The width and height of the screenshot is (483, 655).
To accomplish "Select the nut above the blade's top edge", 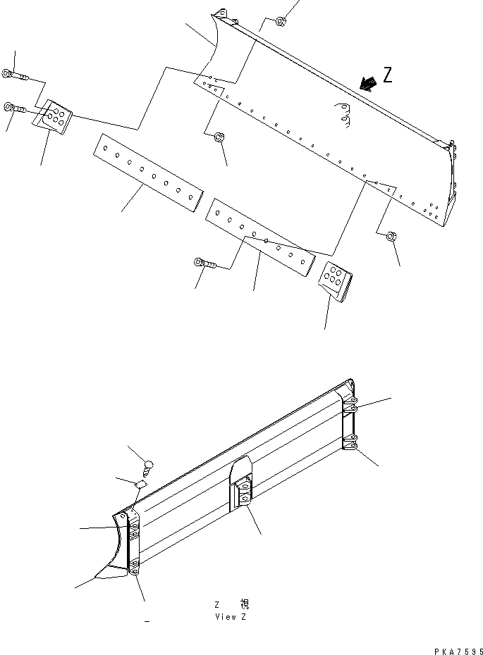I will [280, 20].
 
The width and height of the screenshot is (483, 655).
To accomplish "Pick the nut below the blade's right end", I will [391, 238].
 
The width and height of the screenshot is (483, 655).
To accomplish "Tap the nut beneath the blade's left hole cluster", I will [219, 137].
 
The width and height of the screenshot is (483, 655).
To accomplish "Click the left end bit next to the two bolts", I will [54, 116].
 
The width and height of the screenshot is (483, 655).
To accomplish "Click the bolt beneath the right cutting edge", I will [204, 263].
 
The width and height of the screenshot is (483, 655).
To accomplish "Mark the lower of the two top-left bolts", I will [15, 108].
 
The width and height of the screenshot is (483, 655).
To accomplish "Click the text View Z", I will [231, 617].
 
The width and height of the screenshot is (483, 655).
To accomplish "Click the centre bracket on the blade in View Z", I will [242, 485].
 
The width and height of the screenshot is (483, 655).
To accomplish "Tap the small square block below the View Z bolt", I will [140, 485].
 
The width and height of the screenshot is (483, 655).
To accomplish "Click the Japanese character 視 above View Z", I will [244, 604].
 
